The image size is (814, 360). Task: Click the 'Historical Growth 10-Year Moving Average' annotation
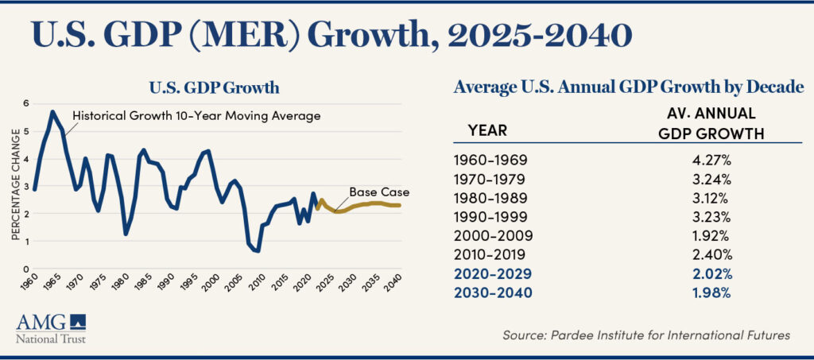(196, 116)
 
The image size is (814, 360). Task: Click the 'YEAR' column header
(487, 130)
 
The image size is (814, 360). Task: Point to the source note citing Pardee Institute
(646, 335)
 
